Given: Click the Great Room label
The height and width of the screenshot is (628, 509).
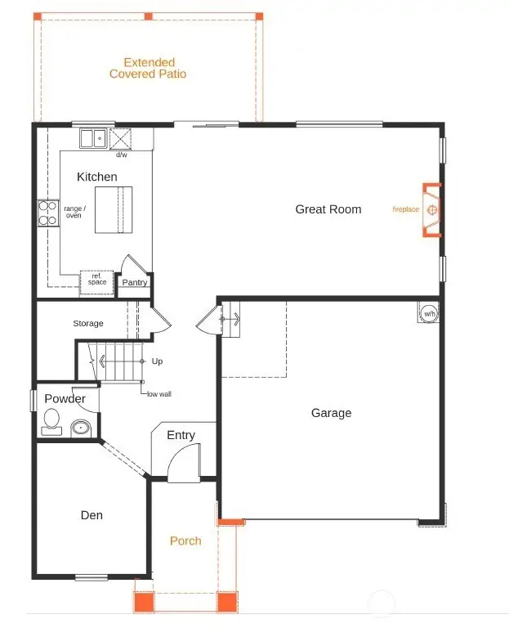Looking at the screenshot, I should pos(328,209).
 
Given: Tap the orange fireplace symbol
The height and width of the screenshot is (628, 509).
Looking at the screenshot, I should pos(431,210).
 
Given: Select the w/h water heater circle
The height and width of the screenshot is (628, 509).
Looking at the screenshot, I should pos(428,313).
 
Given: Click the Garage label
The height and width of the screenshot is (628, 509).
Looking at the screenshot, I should pos(331,413).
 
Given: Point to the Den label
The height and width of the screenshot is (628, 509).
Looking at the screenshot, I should pos(92,515).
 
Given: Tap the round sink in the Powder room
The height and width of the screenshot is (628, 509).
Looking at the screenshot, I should pos(80,427).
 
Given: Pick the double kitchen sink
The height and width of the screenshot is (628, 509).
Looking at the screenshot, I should pos(92,138).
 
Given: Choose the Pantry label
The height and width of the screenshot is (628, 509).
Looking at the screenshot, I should pos(135,283).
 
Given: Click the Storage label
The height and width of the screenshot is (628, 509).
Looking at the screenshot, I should pos(88,324).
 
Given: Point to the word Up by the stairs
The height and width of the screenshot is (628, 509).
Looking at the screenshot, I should pos(157,361).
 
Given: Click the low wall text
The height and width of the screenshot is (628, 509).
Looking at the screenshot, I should pos(159,393).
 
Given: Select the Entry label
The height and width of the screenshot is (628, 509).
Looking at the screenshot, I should pos(181,435).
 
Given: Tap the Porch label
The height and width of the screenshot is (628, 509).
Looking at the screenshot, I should pos(185,541).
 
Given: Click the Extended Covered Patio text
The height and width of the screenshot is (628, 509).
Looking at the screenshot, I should pos(148,68).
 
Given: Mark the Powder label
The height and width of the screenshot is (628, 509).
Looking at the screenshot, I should pos(65,399).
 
